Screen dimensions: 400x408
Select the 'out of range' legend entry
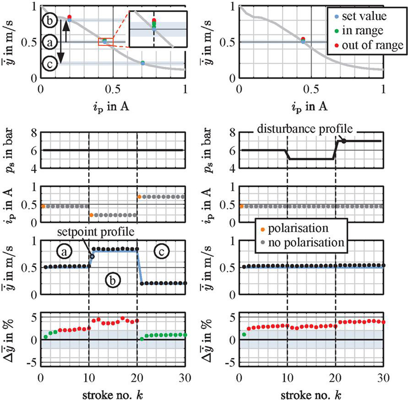coord(363,45)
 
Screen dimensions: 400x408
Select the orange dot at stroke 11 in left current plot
coord(91,215)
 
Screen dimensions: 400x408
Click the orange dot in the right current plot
coord(241,206)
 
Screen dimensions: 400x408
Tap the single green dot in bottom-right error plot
coord(244,335)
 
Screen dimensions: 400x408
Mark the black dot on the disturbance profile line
coord(344,140)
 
